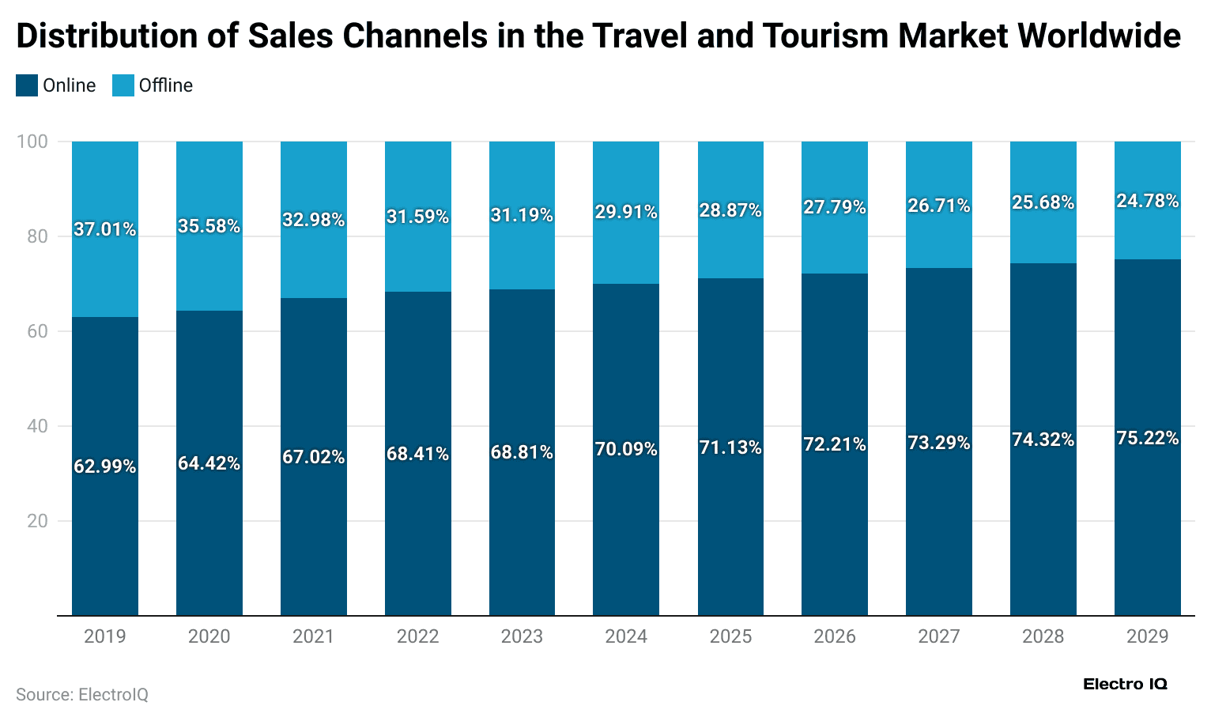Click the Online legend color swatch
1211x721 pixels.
click(27, 85)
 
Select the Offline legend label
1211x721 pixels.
click(165, 85)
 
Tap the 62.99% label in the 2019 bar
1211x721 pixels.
click(104, 466)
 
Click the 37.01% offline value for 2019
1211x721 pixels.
click(104, 229)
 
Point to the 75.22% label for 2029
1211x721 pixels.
click(1147, 438)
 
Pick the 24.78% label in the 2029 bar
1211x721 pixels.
click(1147, 201)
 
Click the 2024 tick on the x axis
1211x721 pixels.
click(626, 636)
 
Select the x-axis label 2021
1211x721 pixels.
click(313, 636)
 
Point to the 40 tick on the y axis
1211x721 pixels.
click(37, 426)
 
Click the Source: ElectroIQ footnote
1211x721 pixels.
click(82, 694)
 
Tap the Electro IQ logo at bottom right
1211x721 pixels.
click(1124, 684)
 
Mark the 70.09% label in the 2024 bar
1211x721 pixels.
click(626, 449)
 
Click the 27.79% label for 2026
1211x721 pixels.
click(835, 207)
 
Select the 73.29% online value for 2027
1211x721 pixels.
click(938, 443)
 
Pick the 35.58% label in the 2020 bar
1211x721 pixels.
click(209, 226)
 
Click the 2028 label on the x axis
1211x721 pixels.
click(1043, 636)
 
